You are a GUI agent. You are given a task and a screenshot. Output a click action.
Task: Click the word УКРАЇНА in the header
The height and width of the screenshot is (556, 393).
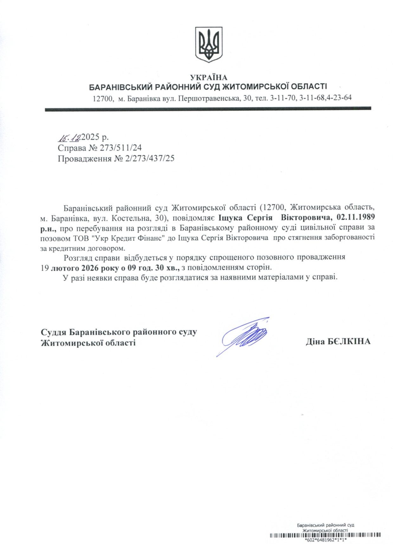[x=209, y=77]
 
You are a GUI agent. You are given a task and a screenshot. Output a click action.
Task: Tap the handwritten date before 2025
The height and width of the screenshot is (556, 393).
[x=69, y=137]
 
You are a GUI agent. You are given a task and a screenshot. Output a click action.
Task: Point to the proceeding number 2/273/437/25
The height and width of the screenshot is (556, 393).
[x=150, y=158]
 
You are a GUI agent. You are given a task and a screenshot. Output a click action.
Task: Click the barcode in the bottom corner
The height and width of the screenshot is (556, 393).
[x=325, y=535]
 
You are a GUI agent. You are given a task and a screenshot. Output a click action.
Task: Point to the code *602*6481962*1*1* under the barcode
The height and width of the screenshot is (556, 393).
[x=325, y=540]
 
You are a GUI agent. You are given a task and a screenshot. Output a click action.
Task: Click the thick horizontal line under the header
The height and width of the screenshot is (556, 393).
[x=208, y=108]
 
